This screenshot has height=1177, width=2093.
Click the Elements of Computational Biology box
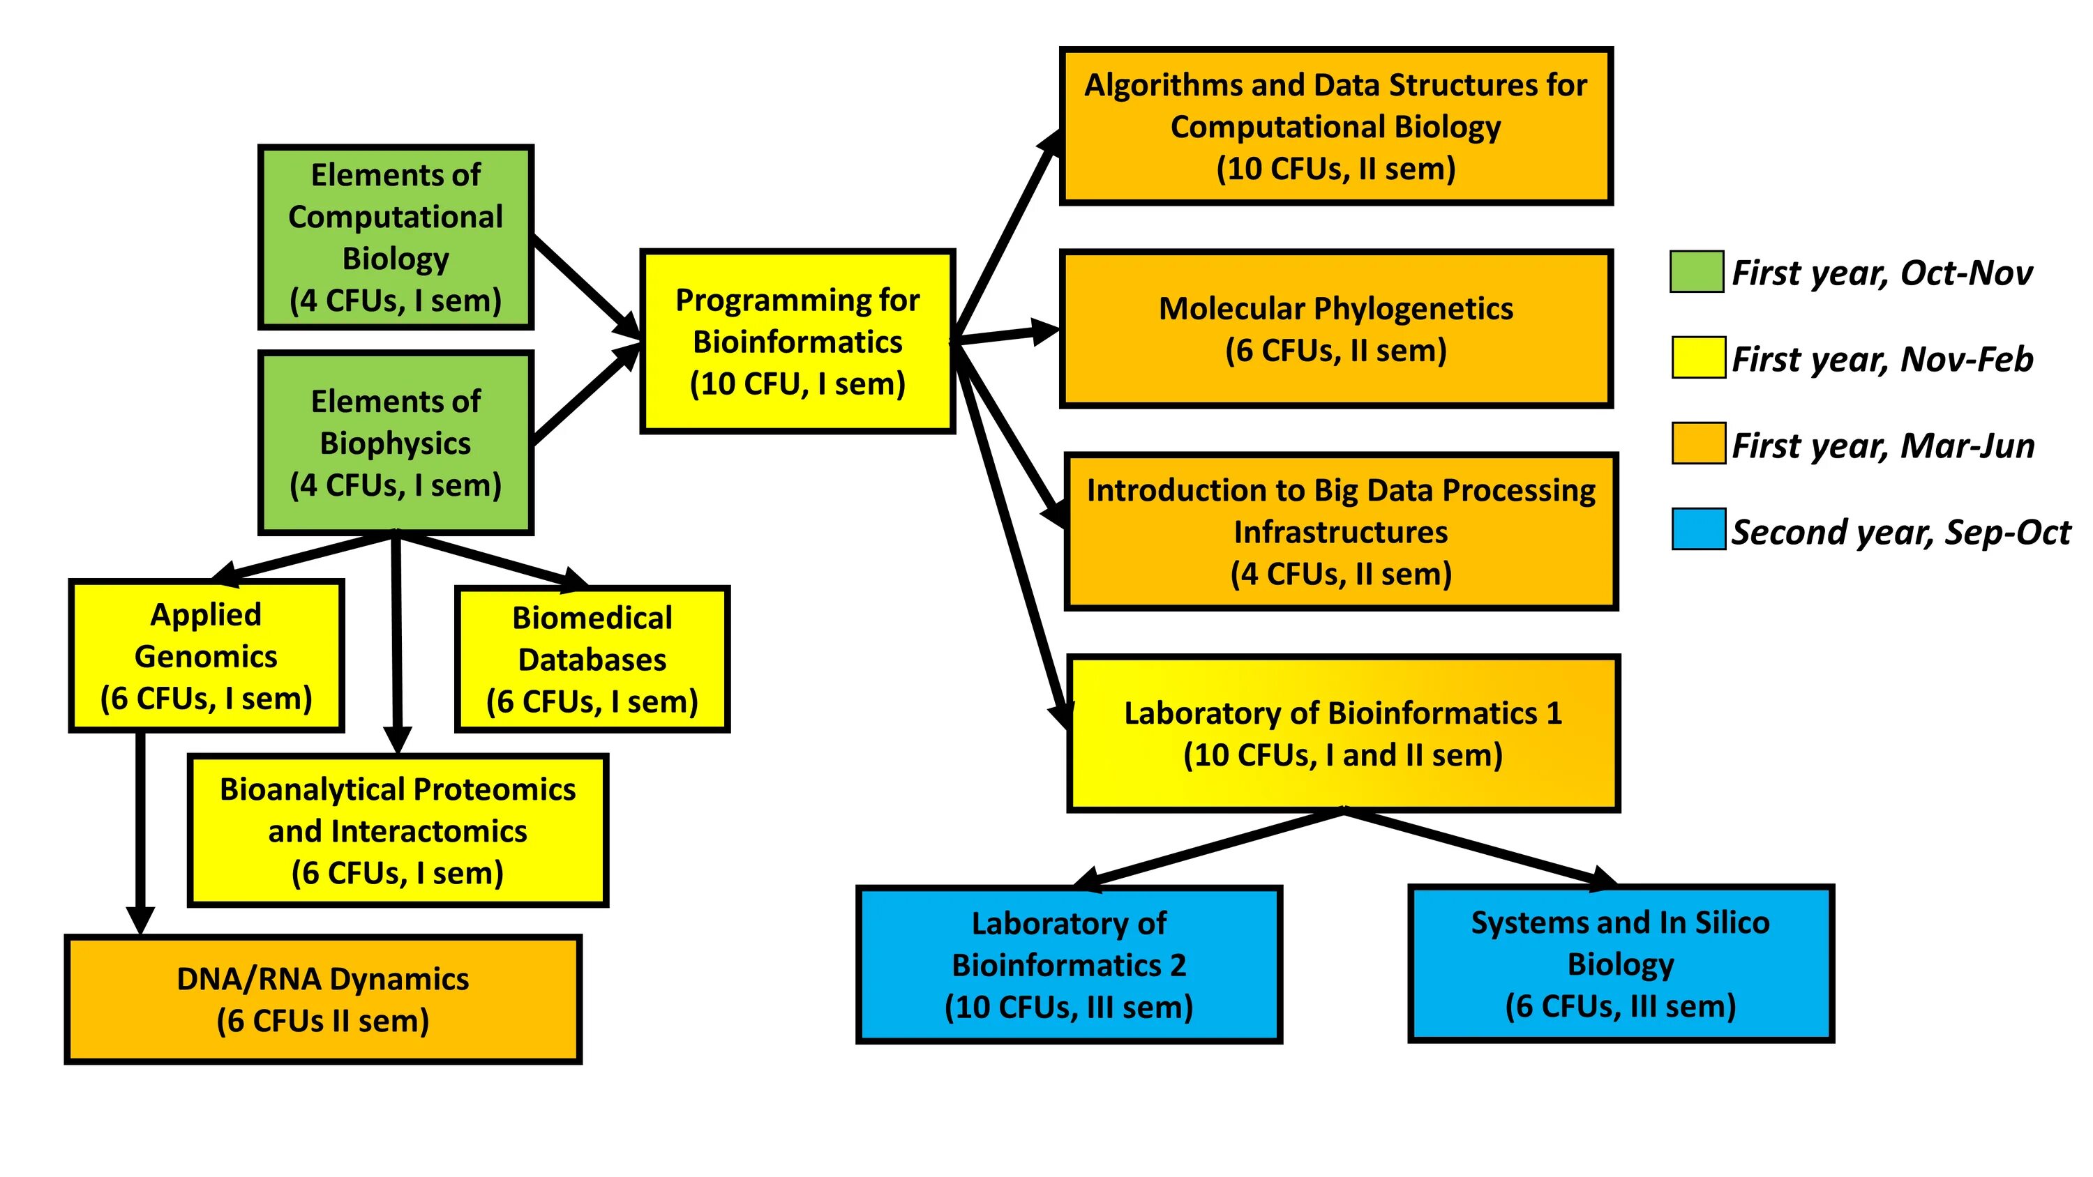click(x=396, y=237)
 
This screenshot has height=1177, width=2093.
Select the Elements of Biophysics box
click(x=396, y=443)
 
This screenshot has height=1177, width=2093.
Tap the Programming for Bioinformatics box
click(x=797, y=341)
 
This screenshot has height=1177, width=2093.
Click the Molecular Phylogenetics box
click(x=1336, y=329)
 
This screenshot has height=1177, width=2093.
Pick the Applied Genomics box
click(x=207, y=655)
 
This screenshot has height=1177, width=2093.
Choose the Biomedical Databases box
click(x=592, y=659)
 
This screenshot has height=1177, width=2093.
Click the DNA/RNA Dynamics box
click(x=322, y=999)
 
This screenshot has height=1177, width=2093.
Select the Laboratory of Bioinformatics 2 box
click(x=1068, y=964)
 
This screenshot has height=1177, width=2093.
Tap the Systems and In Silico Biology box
click(x=1620, y=964)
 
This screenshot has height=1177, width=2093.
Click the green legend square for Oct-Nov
click(x=1697, y=271)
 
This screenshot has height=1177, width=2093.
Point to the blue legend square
click(x=1698, y=529)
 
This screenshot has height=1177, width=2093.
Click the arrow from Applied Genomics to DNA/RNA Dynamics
click(x=140, y=828)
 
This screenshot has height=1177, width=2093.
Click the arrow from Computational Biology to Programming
click(x=583, y=282)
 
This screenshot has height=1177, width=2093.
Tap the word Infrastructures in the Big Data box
click(x=1341, y=532)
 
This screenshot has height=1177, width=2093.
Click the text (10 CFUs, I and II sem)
click(x=1342, y=755)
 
